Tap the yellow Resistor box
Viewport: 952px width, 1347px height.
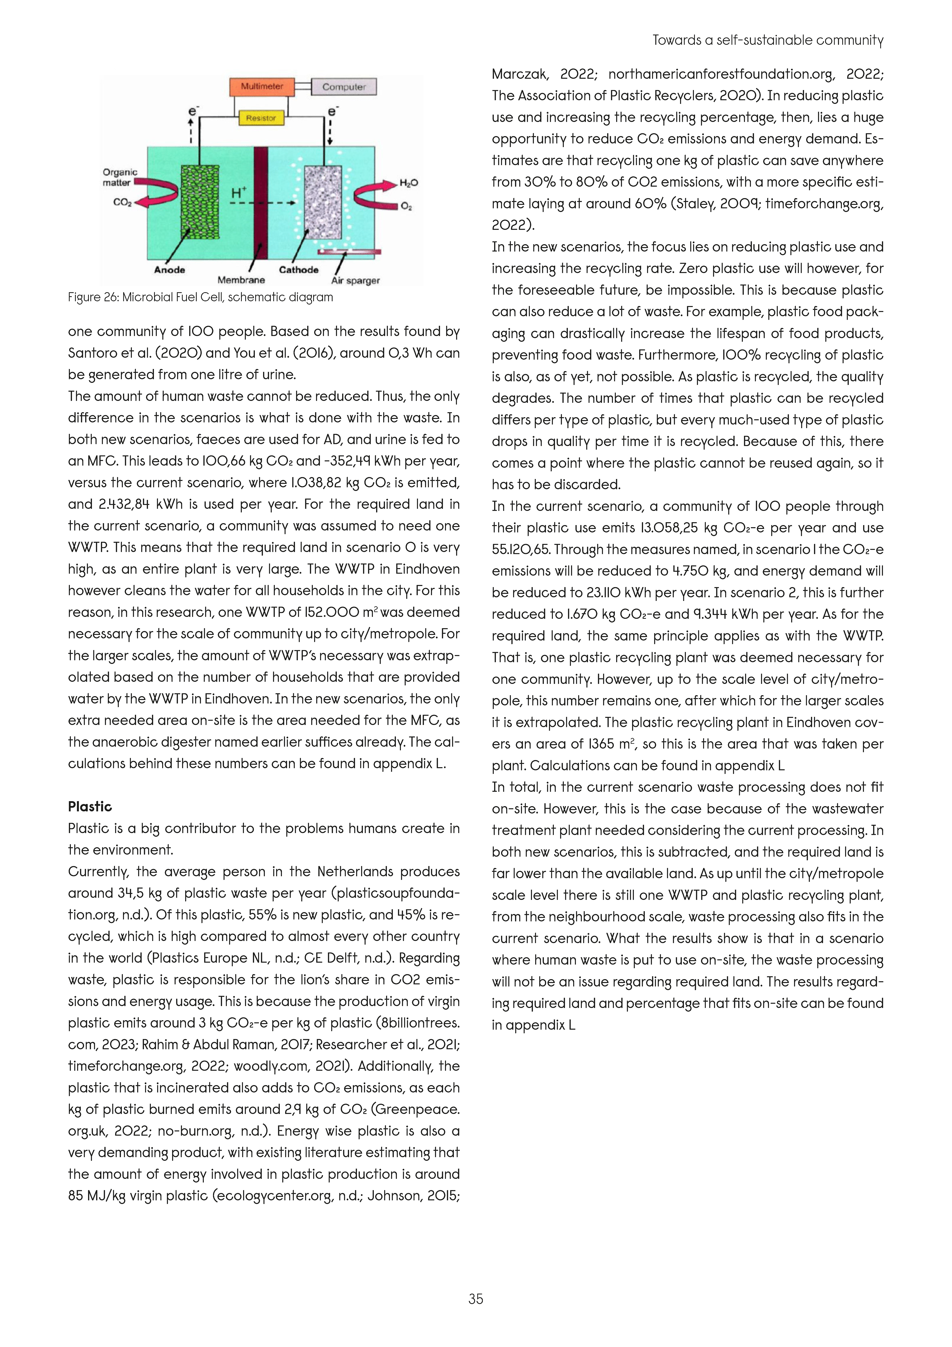click(x=261, y=118)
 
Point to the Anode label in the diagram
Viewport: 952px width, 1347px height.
click(x=170, y=270)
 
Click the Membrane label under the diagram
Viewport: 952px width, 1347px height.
click(x=241, y=281)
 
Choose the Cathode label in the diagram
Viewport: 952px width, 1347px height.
click(x=298, y=270)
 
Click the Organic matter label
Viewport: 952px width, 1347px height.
click(x=120, y=177)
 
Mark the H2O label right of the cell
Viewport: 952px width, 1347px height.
click(x=409, y=183)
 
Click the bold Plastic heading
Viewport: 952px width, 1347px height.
click(x=90, y=807)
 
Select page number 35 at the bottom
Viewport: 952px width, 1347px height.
click(x=476, y=1299)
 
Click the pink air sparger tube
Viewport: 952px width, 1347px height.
click(x=350, y=252)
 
